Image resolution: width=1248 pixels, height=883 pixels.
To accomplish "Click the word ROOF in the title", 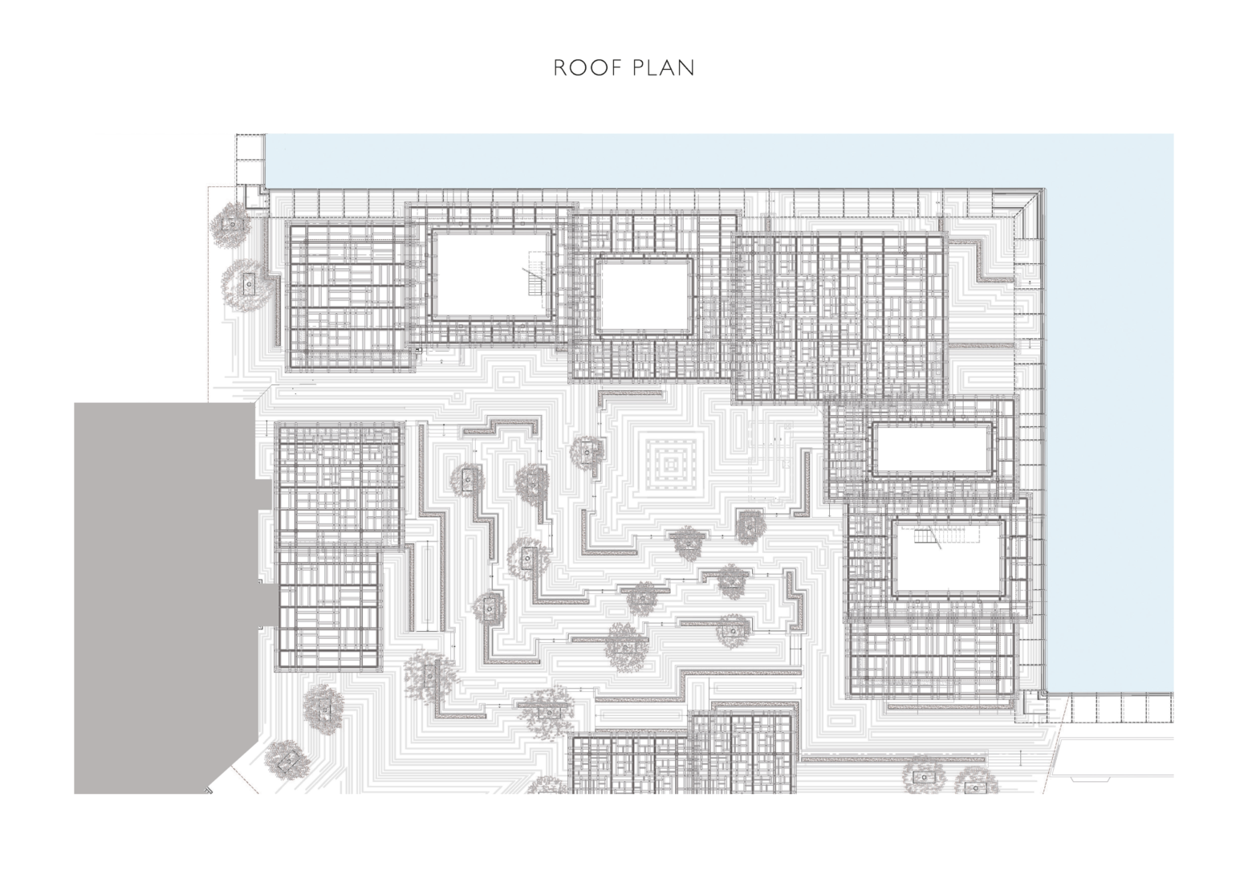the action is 587,68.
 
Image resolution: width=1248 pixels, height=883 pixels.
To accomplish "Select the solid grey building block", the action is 167,597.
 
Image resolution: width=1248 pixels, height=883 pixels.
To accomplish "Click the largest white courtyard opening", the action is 491,274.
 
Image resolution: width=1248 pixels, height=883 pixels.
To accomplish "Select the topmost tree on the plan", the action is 230,223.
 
